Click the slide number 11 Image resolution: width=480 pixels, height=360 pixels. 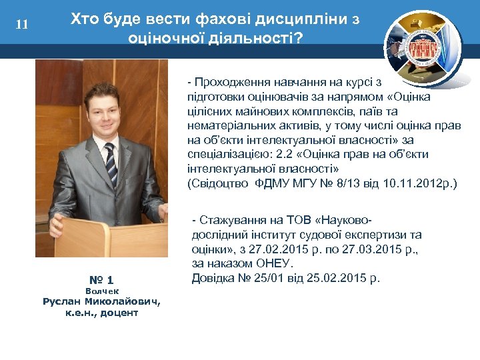coord(22,25)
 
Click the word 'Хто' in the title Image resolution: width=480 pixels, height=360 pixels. coord(85,19)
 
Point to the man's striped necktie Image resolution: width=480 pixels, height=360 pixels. coord(111,163)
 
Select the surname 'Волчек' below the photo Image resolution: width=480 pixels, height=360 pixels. coord(102,291)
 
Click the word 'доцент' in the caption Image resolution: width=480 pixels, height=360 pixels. coord(121,312)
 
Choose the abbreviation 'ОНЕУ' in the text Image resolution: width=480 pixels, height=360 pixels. coord(276,264)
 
